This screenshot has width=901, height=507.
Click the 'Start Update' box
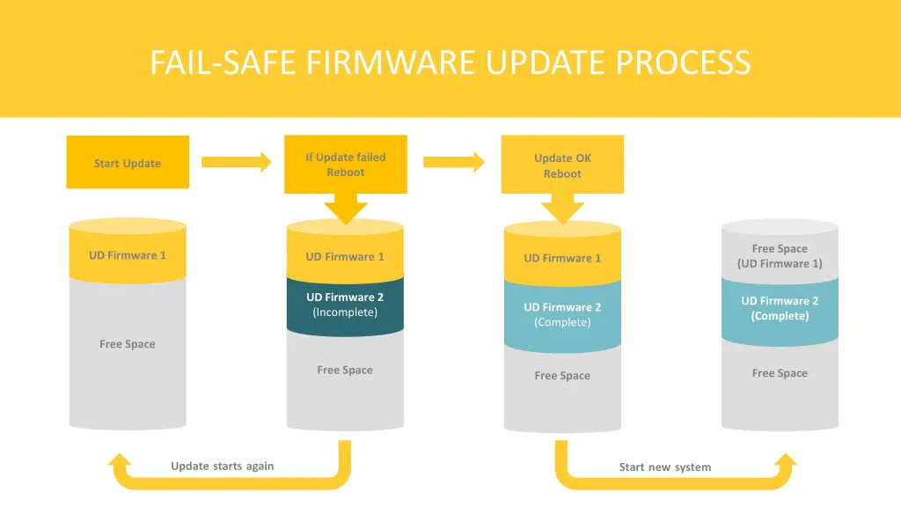click(128, 163)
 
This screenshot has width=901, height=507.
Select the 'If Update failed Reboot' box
click(345, 165)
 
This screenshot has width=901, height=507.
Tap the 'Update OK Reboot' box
click(562, 165)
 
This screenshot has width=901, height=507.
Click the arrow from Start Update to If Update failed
click(236, 162)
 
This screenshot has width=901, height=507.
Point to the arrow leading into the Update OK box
click(453, 162)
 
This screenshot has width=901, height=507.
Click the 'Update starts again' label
click(222, 466)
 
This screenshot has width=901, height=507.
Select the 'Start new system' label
click(664, 467)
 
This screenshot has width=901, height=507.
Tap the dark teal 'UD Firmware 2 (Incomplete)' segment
click(345, 305)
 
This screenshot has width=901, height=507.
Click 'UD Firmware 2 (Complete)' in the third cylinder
click(562, 314)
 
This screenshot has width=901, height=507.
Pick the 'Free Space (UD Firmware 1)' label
click(780, 256)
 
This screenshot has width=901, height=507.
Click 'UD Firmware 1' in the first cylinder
click(128, 255)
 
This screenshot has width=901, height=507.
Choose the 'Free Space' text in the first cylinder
click(128, 344)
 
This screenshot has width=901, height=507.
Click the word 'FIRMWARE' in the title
click(388, 62)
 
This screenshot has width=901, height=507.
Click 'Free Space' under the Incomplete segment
click(345, 370)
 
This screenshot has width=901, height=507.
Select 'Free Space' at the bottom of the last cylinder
click(780, 373)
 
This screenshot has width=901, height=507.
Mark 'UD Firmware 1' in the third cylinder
click(562, 258)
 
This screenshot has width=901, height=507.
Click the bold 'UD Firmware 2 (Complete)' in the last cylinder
click(780, 308)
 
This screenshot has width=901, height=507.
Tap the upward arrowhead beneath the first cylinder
click(120, 463)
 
